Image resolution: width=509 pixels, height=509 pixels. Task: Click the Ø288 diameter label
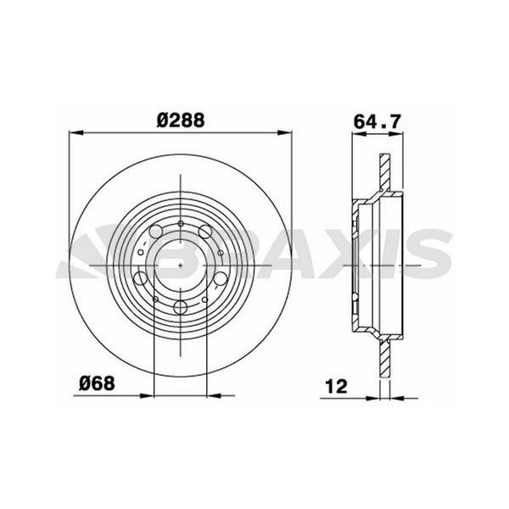(180, 120)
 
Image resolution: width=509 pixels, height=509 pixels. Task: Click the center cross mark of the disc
(182, 264)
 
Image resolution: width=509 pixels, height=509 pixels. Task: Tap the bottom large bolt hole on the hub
(182, 309)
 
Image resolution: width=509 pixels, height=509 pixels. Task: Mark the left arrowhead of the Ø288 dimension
(73, 132)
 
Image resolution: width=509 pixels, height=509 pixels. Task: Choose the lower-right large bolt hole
(220, 278)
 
